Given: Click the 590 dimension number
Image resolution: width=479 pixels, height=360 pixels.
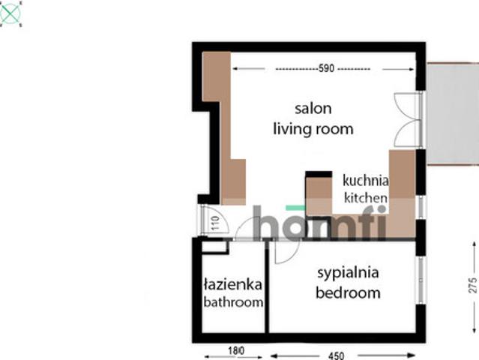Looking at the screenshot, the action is (x=326, y=68).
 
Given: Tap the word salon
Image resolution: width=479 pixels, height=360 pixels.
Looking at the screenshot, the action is (x=313, y=109).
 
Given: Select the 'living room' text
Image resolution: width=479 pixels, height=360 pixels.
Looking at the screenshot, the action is (x=313, y=129).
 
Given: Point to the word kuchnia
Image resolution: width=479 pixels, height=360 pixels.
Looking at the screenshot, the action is (x=366, y=180).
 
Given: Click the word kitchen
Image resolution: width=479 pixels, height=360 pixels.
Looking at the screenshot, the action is (x=366, y=198).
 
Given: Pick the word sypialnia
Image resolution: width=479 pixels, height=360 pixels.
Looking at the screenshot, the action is (x=348, y=273).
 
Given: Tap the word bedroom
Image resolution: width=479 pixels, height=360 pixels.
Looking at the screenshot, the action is (x=348, y=292).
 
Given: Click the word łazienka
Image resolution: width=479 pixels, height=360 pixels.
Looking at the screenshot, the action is (x=233, y=284).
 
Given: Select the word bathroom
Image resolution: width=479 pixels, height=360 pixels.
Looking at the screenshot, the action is (x=233, y=302).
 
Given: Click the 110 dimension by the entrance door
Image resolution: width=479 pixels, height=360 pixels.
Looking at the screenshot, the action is (x=215, y=223).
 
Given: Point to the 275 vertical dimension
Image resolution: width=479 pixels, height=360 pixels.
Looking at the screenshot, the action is (x=472, y=286).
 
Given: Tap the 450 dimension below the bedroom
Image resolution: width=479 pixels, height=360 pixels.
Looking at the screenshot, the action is (x=337, y=355).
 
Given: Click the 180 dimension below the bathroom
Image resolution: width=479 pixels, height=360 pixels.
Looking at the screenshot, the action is (x=236, y=351).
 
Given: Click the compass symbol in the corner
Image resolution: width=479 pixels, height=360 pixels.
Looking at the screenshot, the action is (x=10, y=13).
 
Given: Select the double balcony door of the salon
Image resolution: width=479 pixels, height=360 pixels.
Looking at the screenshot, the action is (x=408, y=119).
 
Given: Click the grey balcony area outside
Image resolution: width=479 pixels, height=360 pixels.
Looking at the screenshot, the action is (x=453, y=114).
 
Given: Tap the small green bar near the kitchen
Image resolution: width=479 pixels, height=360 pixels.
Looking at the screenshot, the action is (x=295, y=208).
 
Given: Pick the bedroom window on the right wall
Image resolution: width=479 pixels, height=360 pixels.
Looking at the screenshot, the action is (x=421, y=280).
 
